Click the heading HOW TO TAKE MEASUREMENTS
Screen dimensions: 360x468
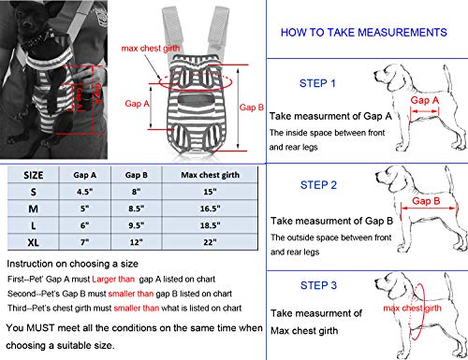(x=359, y=32)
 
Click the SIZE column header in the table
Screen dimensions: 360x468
(x=33, y=175)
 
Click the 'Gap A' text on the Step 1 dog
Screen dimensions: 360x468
(x=426, y=99)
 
